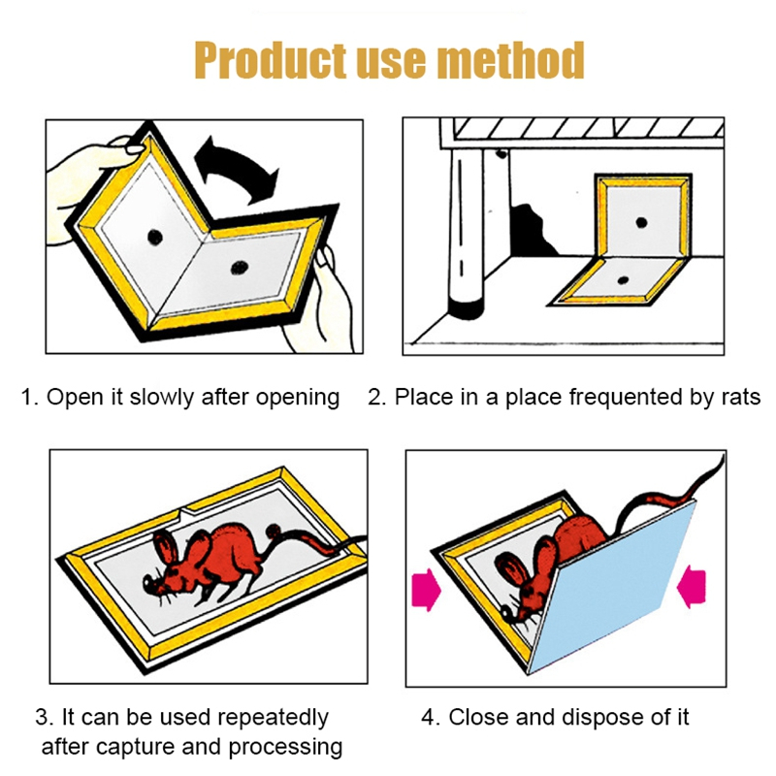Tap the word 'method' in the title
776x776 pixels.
[x=512, y=60]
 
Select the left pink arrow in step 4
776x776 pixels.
[x=426, y=590]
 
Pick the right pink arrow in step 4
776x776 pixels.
[x=692, y=587]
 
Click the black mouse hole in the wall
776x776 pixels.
[x=532, y=231]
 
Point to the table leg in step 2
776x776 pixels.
[x=466, y=233]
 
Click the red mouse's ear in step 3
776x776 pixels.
[x=167, y=548]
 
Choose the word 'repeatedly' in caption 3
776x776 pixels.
[x=273, y=718]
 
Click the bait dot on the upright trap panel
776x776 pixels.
[x=641, y=222]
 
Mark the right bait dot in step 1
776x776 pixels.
[x=240, y=268]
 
